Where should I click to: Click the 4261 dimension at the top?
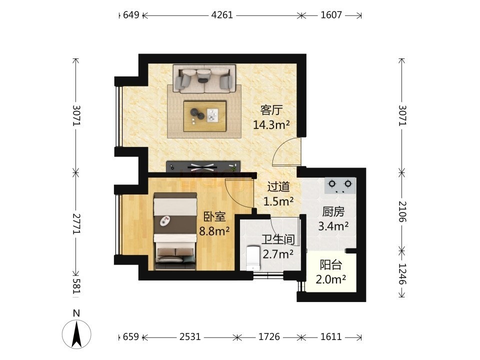222,14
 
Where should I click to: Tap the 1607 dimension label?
331,14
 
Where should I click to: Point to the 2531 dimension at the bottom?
190,336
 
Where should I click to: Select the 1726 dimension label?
269,336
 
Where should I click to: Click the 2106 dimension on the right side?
402,211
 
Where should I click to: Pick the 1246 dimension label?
402,273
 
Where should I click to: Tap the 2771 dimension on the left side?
76,224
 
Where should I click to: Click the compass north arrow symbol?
76,334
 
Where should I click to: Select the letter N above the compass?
76,313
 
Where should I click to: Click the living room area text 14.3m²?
271,124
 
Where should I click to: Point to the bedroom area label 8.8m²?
214,231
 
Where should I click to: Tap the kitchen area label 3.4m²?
333,226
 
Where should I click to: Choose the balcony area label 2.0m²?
331,279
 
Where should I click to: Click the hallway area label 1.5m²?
278,201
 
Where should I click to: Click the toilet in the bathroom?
253,257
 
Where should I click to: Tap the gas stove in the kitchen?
340,185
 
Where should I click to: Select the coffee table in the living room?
205,116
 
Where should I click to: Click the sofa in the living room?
204,78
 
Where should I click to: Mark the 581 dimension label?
76,285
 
